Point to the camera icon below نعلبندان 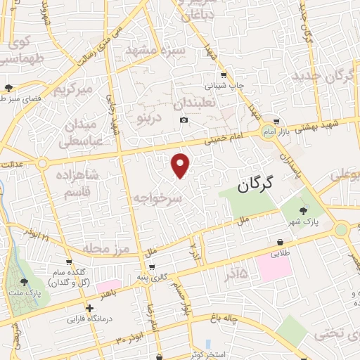[184, 120]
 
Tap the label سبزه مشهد [155, 51]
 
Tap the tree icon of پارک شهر [304, 211]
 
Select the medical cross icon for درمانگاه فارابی [89, 308]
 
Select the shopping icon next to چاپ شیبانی [224, 75]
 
